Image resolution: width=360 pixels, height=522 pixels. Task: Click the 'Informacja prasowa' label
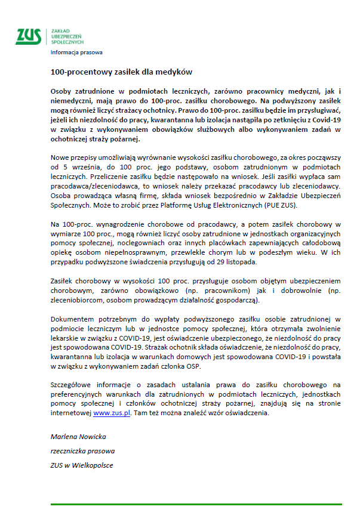pyautogui.click(x=76, y=52)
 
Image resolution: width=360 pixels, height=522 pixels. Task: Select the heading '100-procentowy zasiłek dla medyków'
pyautogui.click(x=121, y=72)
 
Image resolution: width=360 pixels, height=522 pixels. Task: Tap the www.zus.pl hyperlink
pyautogui.click(x=112, y=413)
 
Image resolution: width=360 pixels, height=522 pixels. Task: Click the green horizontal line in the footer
pyautogui.click(x=196, y=505)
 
